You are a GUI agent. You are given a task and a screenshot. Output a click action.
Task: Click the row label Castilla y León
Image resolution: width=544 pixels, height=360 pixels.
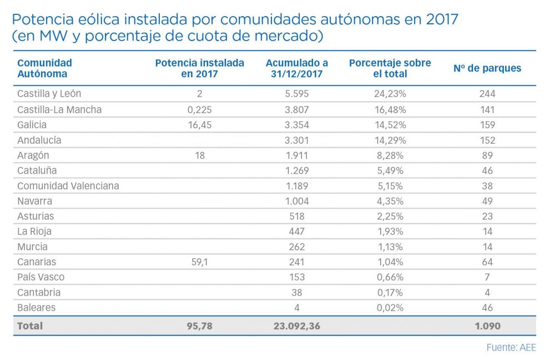49,94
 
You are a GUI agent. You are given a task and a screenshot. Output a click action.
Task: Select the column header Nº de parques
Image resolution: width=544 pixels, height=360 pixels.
487,68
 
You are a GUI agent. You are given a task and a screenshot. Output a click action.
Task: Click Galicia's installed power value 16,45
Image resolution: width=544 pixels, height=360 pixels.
200,125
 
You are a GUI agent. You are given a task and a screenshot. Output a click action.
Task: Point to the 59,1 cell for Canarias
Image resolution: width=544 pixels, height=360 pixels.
200,262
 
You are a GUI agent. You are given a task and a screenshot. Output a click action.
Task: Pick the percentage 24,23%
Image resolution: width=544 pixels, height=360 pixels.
390,94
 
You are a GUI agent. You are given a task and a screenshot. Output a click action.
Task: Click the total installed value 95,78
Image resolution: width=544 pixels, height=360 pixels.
200,326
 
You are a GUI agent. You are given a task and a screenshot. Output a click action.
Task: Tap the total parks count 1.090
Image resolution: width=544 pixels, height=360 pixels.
487,326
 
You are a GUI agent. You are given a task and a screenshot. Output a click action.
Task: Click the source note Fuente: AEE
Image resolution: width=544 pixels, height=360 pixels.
511,348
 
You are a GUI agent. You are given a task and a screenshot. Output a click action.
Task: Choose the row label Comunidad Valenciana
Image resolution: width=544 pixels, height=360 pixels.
68,186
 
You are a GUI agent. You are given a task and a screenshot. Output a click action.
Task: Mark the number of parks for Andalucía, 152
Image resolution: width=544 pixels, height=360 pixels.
487,140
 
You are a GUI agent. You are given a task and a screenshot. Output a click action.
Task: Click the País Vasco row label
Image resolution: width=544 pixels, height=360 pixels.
41,277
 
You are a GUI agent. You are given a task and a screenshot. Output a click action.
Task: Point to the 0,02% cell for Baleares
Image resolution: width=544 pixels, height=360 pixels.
390,307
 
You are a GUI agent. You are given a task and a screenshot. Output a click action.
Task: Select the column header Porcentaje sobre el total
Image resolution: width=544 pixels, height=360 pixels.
390,68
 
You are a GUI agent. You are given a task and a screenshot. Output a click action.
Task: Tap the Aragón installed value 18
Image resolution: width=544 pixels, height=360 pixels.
200,155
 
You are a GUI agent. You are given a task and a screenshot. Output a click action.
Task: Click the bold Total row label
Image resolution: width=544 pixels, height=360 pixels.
30,326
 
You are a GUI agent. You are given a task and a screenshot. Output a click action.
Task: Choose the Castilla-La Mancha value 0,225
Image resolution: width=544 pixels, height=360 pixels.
200,109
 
